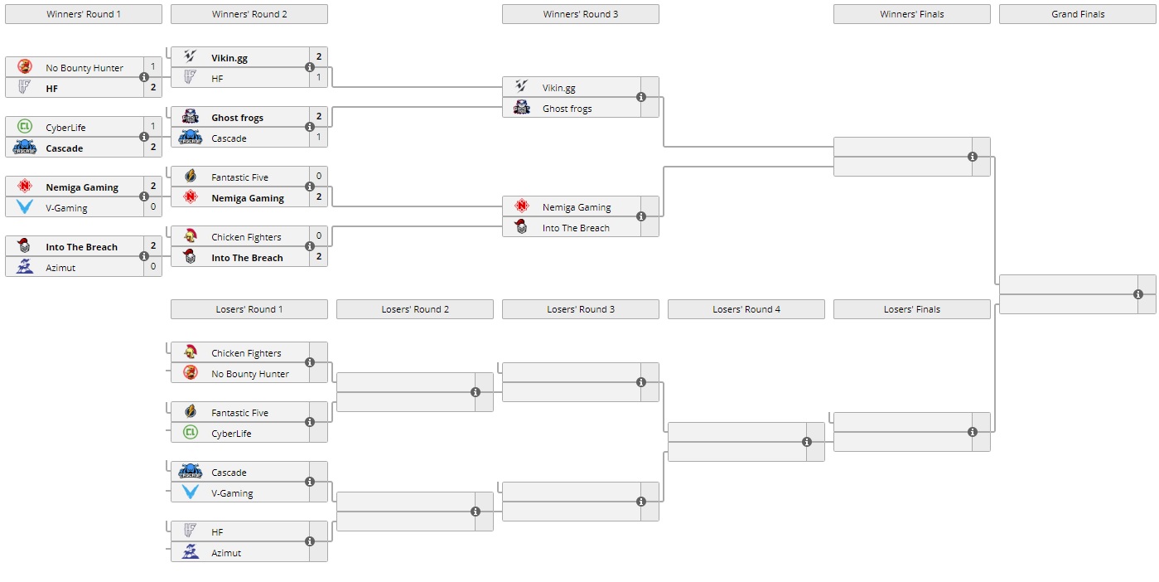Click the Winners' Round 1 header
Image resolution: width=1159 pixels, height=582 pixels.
[84, 14]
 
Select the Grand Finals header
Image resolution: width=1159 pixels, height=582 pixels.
[1077, 14]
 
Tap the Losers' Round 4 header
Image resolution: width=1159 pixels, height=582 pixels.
[746, 309]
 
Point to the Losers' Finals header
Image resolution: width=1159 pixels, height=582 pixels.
[911, 309]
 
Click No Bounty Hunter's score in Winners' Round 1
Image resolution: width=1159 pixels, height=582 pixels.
[153, 66]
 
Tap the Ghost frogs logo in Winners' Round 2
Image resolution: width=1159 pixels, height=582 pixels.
[191, 117]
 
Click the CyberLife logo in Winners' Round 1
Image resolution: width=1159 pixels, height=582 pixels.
[25, 127]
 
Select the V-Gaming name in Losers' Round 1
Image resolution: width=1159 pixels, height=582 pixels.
[232, 493]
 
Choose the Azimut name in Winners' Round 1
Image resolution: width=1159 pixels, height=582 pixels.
[60, 268]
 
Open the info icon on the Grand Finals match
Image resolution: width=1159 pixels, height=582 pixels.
[1138, 294]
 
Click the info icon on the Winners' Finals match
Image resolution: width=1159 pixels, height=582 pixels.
[973, 157]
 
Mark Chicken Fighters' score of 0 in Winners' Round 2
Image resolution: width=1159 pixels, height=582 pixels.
[319, 235]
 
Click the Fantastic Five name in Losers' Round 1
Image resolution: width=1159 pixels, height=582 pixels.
[239, 413]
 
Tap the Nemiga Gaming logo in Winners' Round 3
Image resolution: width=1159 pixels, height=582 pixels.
[522, 206]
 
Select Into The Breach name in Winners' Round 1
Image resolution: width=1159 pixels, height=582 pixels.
[81, 247]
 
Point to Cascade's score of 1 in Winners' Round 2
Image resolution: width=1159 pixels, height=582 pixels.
[319, 137]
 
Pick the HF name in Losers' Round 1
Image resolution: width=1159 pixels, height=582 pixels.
[217, 532]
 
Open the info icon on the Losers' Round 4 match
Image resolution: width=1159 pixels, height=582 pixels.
[807, 442]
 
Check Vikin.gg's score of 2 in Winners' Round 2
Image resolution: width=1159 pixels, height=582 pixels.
[319, 56]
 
